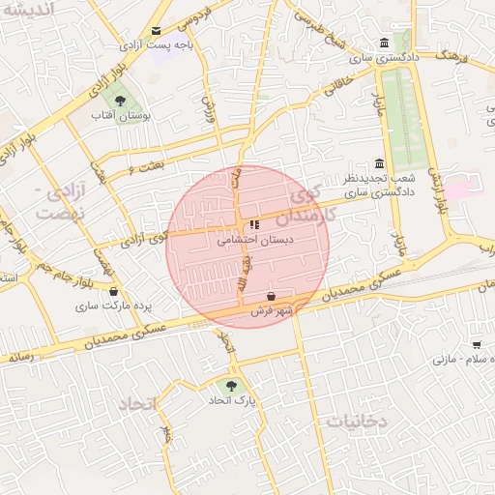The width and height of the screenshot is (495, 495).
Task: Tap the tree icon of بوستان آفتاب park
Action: pos(120,100)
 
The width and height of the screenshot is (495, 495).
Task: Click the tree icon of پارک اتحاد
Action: pos(231,384)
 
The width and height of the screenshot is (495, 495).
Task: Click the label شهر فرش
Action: pos(272,311)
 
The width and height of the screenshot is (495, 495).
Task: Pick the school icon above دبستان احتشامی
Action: pos(254,225)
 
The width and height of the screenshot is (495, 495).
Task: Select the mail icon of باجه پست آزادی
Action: pos(157,31)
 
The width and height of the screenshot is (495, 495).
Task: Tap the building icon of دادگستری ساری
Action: pos(385,44)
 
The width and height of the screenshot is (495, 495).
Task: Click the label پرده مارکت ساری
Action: pos(116,306)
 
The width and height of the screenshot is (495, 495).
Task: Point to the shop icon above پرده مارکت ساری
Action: pos(114,290)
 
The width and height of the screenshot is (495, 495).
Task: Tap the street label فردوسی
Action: pos(194,17)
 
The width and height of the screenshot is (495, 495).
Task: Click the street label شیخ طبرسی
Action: pos(320,32)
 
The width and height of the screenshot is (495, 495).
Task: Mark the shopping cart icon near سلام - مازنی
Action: pos(477,344)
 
